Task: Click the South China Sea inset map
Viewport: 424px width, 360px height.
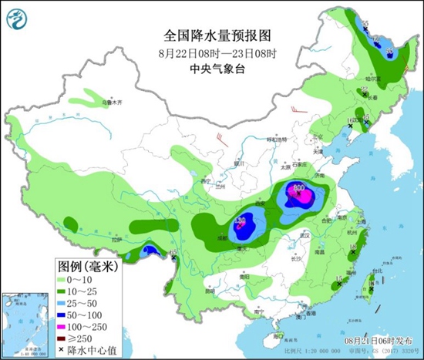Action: [24, 325]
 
